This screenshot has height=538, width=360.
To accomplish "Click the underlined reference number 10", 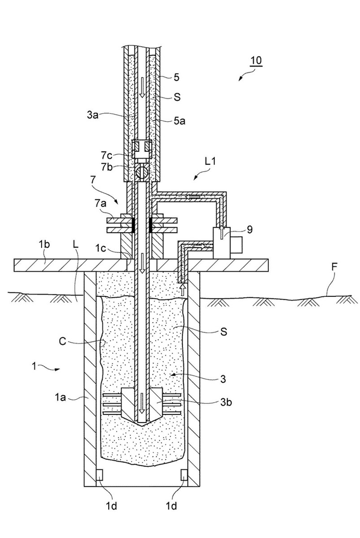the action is pyautogui.click(x=256, y=60).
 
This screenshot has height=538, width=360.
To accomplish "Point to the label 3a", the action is pyautogui.click(x=92, y=115).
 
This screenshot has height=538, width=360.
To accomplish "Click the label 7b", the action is pyautogui.click(x=107, y=168).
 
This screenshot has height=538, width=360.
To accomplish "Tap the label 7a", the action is pyautogui.click(x=101, y=204).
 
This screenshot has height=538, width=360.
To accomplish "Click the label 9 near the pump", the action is pyautogui.click(x=250, y=229).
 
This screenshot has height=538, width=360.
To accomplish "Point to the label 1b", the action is pyautogui.click(x=44, y=244).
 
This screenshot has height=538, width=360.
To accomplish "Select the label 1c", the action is pyautogui.click(x=101, y=247).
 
